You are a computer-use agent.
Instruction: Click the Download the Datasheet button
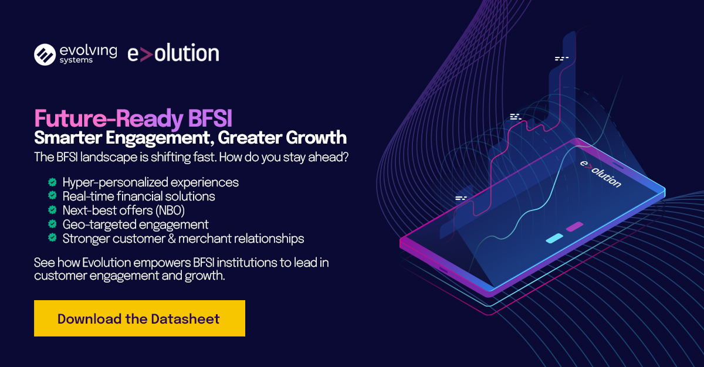pyautogui.click(x=140, y=318)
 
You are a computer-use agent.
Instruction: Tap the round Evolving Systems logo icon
pyautogui.click(x=45, y=55)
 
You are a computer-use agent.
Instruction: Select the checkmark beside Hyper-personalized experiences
pyautogui.click(x=52, y=182)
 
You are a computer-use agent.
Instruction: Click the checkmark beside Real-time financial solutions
pyautogui.click(x=52, y=196)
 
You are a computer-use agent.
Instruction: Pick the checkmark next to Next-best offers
pyautogui.click(x=52, y=210)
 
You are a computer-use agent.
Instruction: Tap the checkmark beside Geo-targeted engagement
pyautogui.click(x=52, y=224)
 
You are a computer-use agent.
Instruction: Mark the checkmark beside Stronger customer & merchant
pyautogui.click(x=52, y=237)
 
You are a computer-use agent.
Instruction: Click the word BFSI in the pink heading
pyautogui.click(x=210, y=118)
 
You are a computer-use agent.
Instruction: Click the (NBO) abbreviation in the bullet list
pyautogui.click(x=170, y=210)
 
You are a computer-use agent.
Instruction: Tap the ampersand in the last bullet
pyautogui.click(x=172, y=239)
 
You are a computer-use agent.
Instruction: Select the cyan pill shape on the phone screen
pyautogui.click(x=554, y=238)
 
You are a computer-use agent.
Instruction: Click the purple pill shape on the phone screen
pyautogui.click(x=574, y=226)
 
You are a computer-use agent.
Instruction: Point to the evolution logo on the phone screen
pyautogui.click(x=601, y=174)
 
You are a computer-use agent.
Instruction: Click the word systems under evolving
pyautogui.click(x=76, y=60)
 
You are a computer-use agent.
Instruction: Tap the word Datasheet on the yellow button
pyautogui.click(x=185, y=319)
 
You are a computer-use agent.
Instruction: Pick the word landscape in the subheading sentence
pyautogui.click(x=109, y=158)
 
